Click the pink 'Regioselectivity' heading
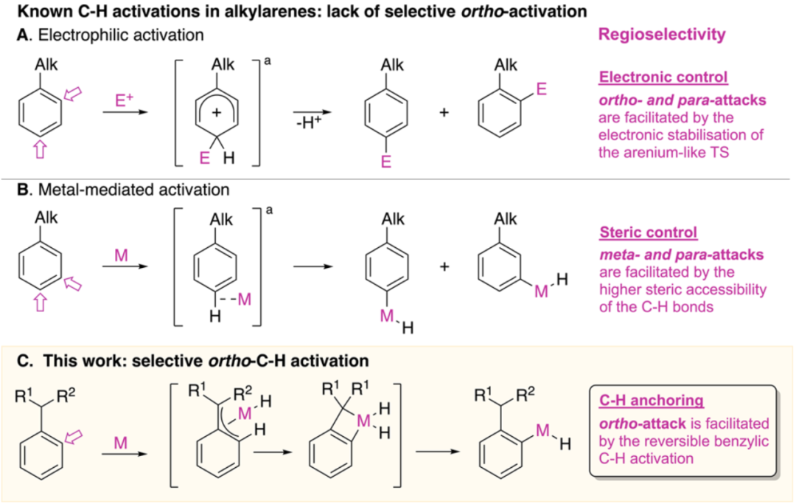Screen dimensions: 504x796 pos(663,34)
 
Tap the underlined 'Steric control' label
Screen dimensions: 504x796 pos(649,233)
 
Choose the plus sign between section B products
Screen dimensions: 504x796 pos(445,266)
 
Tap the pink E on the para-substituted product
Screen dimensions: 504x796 pos(385,162)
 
